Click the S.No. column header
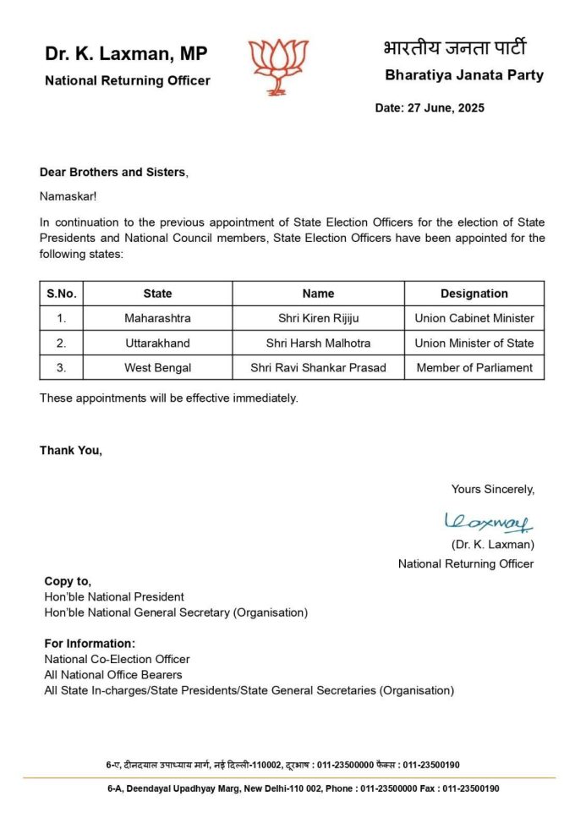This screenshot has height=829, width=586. (x=62, y=294)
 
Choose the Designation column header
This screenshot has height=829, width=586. (x=474, y=294)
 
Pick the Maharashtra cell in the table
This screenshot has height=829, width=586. (x=157, y=318)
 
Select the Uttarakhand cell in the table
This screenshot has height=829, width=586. (x=157, y=343)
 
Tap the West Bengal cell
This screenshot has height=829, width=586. (x=157, y=367)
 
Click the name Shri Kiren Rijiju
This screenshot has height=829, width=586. (x=318, y=318)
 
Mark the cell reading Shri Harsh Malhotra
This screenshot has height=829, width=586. (x=318, y=343)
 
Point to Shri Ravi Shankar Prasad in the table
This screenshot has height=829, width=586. (x=318, y=367)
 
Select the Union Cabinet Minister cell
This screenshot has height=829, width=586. (x=474, y=318)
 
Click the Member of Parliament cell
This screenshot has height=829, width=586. (x=474, y=367)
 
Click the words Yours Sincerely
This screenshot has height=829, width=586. (x=492, y=489)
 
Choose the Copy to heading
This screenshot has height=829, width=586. (x=68, y=581)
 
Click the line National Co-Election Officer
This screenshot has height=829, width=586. (x=117, y=659)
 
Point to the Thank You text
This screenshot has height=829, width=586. (x=71, y=450)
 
